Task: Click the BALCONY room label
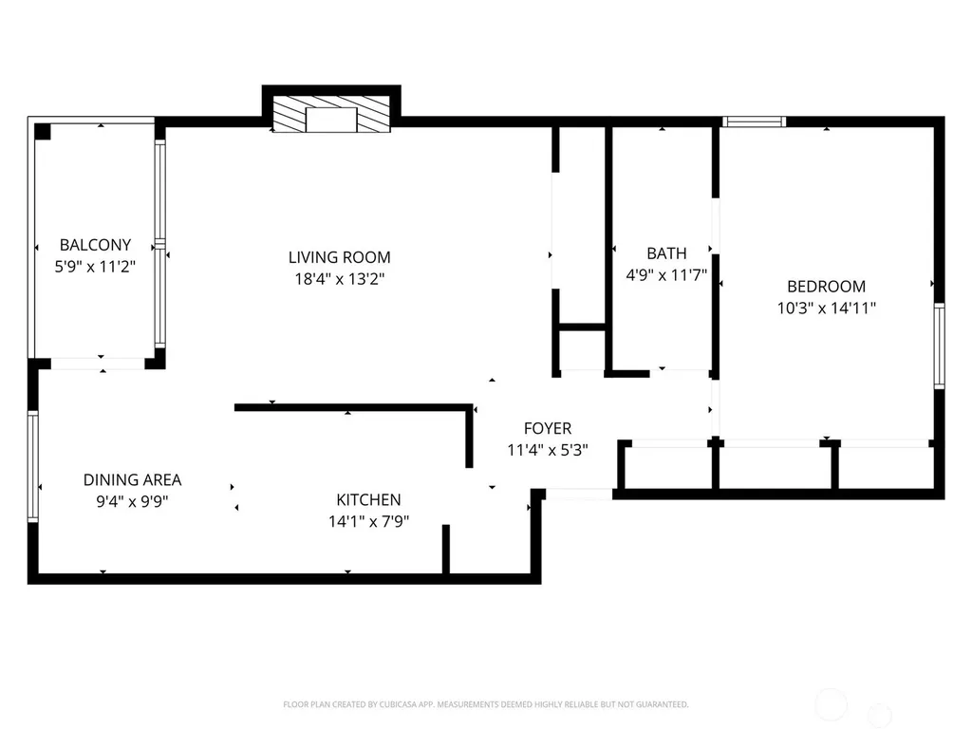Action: coord(95,245)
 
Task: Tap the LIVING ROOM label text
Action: coord(340,257)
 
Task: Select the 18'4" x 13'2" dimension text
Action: coord(340,279)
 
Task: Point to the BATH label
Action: coord(666,253)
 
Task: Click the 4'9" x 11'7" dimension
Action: coord(666,275)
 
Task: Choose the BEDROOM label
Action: coord(827,287)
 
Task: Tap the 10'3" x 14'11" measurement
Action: coord(827,308)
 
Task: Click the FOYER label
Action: coord(548,428)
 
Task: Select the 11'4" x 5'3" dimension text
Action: coord(548,450)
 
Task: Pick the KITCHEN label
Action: coord(369,499)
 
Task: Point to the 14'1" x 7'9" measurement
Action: coord(369,521)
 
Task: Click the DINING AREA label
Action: coord(132,479)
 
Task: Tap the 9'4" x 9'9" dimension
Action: coord(132,501)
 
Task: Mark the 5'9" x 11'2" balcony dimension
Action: coord(95,267)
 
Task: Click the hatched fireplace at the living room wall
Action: coord(331,114)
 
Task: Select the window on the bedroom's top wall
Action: coord(754,122)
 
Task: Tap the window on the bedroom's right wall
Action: coord(939,346)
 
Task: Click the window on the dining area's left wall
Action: coord(33,466)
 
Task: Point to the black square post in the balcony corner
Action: coord(42,131)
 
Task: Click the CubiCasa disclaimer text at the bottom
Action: coord(485,704)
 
